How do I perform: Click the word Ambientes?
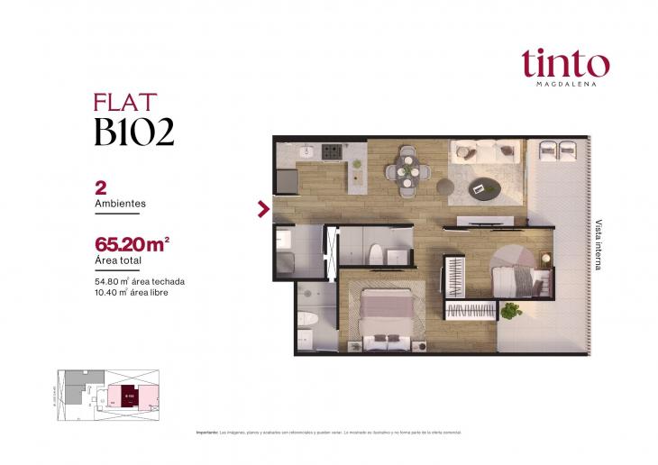[x=120, y=204]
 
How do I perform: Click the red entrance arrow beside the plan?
[x=263, y=209]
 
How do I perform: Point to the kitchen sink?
[x=303, y=150]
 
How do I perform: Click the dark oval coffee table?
[x=488, y=187]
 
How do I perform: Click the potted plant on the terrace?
[x=512, y=311]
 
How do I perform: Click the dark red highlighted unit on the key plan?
[x=128, y=395]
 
